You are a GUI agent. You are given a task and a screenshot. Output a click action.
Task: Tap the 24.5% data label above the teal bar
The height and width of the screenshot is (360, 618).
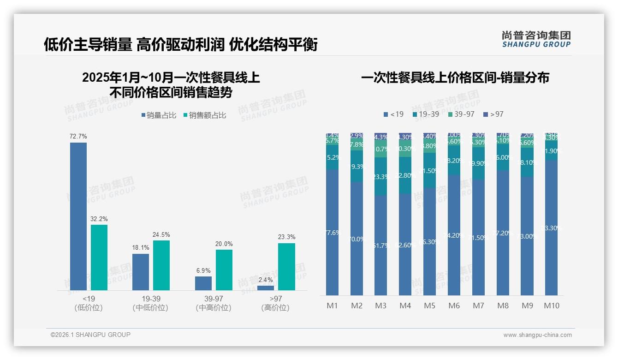point(161,235)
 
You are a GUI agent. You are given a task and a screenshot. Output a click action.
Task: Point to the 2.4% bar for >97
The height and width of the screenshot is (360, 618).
point(266,288)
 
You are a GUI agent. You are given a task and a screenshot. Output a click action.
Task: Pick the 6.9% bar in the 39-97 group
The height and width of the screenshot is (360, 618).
point(203,283)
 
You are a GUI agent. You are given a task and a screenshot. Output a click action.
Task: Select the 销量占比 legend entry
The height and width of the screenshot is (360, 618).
point(159,115)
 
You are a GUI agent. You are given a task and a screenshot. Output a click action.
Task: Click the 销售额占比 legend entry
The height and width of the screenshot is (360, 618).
point(205,115)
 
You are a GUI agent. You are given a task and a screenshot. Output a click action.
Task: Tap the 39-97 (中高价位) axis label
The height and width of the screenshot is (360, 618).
point(214,303)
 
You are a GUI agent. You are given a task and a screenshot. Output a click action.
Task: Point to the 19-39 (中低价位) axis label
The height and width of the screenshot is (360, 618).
point(151,303)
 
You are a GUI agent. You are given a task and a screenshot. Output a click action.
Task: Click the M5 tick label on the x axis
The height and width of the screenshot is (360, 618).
point(429,306)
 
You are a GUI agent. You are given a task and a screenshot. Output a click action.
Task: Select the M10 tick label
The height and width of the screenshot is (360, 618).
point(552,306)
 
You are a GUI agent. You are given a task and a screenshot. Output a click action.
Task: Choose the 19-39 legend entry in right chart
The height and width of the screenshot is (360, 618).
point(426,114)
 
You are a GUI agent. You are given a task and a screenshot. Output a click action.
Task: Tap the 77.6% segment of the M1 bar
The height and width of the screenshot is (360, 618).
point(332,232)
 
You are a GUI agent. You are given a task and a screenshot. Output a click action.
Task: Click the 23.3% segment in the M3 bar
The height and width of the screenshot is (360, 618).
point(381,176)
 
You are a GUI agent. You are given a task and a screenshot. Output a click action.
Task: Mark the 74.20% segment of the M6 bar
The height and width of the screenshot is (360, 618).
point(454,235)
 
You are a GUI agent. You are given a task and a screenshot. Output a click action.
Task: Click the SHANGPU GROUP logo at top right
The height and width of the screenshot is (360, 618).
point(536,39)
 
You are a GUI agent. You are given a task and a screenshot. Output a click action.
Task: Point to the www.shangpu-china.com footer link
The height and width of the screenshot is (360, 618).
point(537,335)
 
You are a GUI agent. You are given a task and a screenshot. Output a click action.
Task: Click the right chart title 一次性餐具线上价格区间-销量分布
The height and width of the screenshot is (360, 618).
point(455,78)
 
